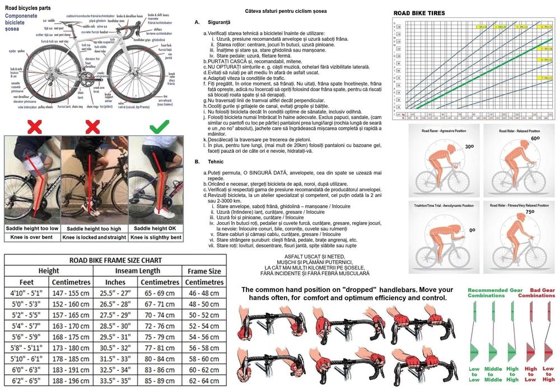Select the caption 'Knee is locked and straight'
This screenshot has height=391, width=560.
[94, 238]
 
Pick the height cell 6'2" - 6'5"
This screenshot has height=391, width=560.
[26, 380]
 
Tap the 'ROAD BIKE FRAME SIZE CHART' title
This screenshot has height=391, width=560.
[115, 260]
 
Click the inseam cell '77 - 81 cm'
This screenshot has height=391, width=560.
[160, 347]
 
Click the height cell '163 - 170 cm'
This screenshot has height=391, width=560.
[71, 326]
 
